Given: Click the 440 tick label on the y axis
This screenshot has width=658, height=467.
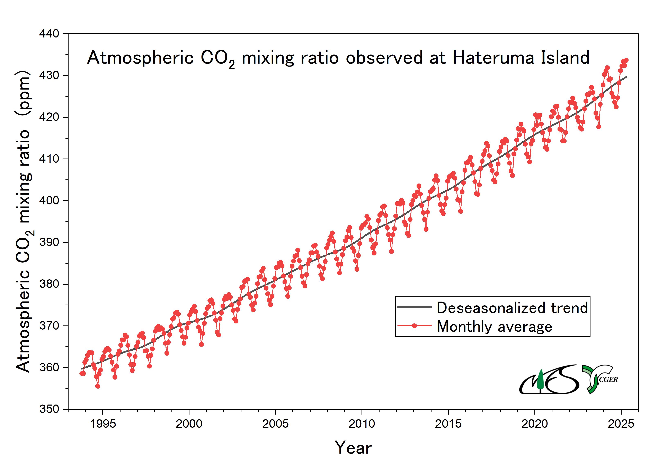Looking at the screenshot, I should pyautogui.click(x=49, y=34).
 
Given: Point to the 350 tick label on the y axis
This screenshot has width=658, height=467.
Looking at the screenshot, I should pyautogui.click(x=49, y=409).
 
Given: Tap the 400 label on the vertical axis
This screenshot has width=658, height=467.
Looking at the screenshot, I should pyautogui.click(x=49, y=201).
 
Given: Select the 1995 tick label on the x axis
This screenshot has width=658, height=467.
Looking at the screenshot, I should pyautogui.click(x=103, y=424).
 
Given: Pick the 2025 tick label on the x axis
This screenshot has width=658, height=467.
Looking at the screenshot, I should pyautogui.click(x=621, y=424).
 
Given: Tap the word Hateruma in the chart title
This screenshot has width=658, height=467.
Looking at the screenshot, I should pyautogui.click(x=493, y=58).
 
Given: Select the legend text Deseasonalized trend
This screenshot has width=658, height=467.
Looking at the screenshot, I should pyautogui.click(x=512, y=308).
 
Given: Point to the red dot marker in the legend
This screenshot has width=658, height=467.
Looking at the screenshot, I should pyautogui.click(x=414, y=326).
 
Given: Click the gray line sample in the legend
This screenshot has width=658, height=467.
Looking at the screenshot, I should pyautogui.click(x=414, y=307).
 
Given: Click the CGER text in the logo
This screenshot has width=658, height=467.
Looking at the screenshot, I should pyautogui.click(x=608, y=380).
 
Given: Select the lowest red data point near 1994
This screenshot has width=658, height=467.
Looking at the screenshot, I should pyautogui.click(x=98, y=386).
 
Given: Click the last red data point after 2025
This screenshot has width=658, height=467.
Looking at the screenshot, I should pyautogui.click(x=626, y=60).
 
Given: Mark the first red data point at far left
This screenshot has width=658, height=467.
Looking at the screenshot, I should pyautogui.click(x=82, y=373).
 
